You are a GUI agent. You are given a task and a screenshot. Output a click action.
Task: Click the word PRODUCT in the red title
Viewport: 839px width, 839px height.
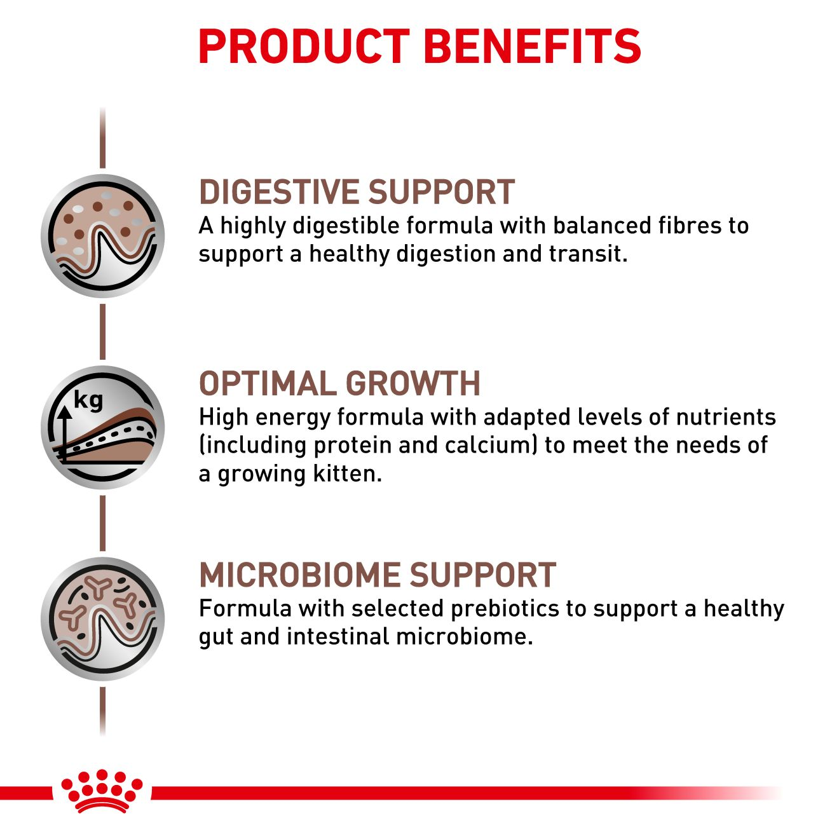304,47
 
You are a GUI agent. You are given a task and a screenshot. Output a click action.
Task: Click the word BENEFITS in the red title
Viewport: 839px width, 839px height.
533,47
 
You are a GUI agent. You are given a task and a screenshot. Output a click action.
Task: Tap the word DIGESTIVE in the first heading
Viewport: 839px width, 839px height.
278,192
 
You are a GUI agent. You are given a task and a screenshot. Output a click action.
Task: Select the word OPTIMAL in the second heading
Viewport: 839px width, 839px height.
266,383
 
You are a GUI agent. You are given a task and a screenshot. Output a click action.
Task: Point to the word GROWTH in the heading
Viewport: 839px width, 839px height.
413,383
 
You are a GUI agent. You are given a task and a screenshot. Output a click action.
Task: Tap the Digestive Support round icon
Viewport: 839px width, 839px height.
103,236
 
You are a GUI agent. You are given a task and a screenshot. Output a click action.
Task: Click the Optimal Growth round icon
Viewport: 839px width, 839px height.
103,428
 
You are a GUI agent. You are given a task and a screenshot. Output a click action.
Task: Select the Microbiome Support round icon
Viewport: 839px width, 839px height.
103,618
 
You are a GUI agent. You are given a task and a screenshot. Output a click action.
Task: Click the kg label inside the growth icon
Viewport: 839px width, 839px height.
88,400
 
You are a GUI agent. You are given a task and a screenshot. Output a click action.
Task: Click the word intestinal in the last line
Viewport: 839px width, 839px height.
338,636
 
